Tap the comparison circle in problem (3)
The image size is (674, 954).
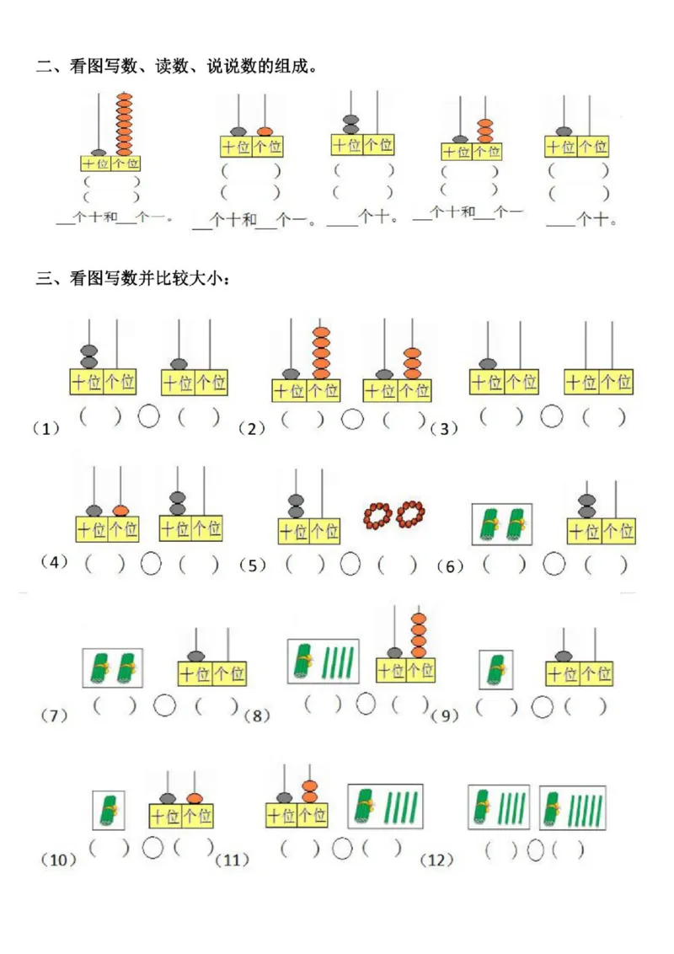[x=552, y=415]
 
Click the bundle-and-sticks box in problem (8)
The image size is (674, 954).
[x=323, y=662]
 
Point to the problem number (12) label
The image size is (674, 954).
[x=436, y=860]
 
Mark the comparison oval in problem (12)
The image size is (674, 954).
[x=535, y=850]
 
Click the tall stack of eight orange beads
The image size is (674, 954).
[x=124, y=124]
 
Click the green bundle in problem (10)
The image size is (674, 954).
[x=108, y=810]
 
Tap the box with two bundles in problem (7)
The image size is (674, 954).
[x=113, y=667]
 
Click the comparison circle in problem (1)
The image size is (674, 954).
[x=149, y=415]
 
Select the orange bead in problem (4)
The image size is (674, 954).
[x=121, y=510]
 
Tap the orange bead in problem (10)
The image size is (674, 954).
[x=195, y=797]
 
